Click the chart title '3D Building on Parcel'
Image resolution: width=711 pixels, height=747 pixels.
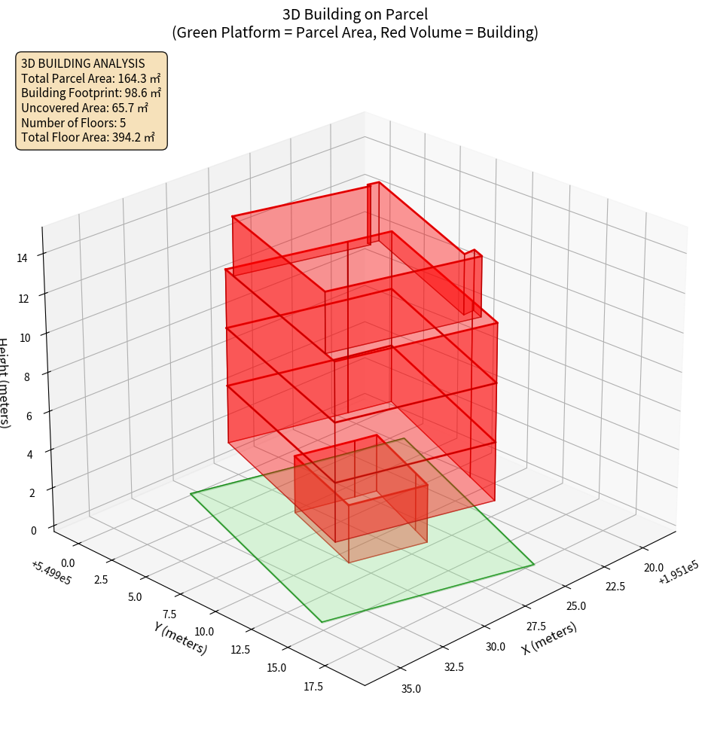tap(355, 14)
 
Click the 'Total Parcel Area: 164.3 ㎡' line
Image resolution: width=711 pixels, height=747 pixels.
tap(90, 78)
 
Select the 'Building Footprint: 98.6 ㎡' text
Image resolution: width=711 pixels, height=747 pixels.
tap(91, 93)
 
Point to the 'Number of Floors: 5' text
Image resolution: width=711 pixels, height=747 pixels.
tap(73, 123)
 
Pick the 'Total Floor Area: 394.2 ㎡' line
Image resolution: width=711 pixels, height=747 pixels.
tap(87, 137)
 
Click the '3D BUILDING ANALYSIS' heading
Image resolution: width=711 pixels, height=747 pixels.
tap(83, 63)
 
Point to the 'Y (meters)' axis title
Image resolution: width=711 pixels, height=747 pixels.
tap(180, 638)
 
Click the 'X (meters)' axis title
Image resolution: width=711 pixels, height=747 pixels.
tap(549, 638)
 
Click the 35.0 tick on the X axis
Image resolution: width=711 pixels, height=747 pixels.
tap(411, 688)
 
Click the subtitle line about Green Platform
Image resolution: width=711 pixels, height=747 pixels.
tap(355, 32)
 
